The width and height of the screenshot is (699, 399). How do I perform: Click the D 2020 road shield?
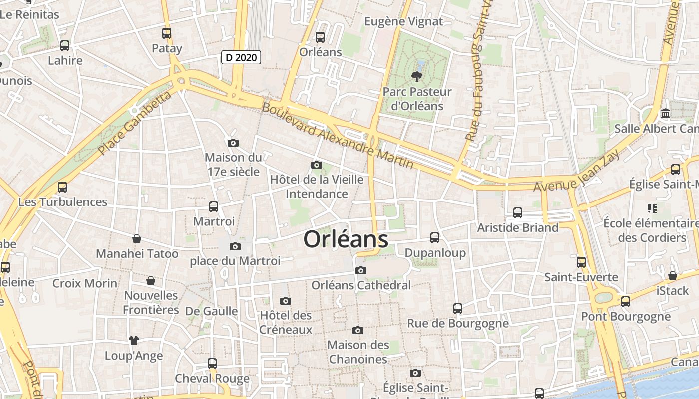(x=241, y=57)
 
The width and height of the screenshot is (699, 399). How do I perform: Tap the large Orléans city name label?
(x=346, y=239)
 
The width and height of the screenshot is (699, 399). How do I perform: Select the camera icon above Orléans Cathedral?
(x=360, y=270)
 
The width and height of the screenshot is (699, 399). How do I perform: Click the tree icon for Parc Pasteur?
(x=416, y=76)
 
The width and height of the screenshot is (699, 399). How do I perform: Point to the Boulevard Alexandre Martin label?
(x=338, y=135)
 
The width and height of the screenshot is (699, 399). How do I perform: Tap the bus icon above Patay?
(x=167, y=33)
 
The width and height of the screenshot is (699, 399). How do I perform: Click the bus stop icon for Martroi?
(x=214, y=206)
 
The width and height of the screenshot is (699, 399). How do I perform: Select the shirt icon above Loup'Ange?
(x=133, y=341)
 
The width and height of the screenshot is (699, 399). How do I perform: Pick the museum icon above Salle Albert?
(x=666, y=114)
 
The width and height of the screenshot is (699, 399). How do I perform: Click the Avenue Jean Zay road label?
(x=577, y=171)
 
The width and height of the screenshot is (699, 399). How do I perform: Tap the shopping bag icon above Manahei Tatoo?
(x=137, y=239)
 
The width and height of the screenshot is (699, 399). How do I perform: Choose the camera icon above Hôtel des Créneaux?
(x=286, y=300)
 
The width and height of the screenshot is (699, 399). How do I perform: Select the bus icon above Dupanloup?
(x=435, y=238)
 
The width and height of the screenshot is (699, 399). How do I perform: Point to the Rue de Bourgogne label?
(x=458, y=323)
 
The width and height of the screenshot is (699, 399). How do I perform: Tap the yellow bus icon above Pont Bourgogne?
(x=626, y=301)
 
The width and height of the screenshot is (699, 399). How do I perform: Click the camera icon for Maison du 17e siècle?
(x=233, y=143)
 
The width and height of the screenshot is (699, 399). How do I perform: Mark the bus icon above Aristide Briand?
(x=518, y=213)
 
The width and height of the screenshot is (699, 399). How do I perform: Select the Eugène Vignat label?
(x=403, y=21)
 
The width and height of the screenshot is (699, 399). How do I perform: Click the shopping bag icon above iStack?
(x=673, y=276)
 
